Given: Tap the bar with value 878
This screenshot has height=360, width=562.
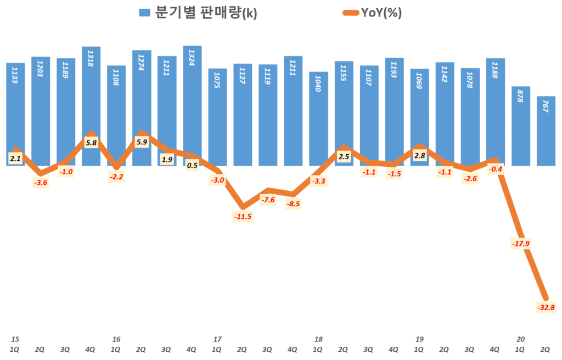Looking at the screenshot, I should pyautogui.click(x=521, y=126).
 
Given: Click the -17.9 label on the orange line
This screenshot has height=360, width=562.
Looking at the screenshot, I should pyautogui.click(x=521, y=243).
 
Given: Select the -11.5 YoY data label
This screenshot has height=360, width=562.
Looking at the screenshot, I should pyautogui.click(x=243, y=216).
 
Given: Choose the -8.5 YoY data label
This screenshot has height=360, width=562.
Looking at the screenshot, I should pyautogui.click(x=293, y=204).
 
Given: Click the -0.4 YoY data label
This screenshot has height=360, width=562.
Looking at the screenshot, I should pyautogui.click(x=496, y=169).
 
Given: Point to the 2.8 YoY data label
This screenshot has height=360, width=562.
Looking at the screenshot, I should pyautogui.click(x=420, y=156).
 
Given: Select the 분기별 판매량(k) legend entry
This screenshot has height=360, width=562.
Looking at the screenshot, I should pyautogui.click(x=198, y=13).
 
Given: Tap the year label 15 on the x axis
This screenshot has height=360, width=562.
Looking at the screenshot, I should pyautogui.click(x=15, y=339).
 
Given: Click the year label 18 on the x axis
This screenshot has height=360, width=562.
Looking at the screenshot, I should pyautogui.click(x=318, y=339).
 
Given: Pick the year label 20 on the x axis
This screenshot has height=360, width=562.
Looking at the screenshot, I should pyautogui.click(x=521, y=339).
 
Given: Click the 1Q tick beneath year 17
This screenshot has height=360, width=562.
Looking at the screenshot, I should pyautogui.click(x=217, y=349).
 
